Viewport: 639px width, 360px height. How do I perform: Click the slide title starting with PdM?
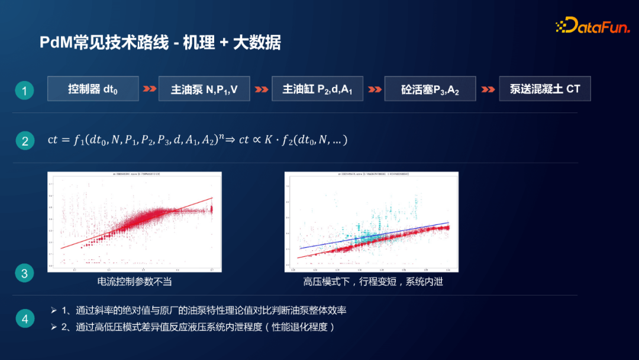[x=160, y=43]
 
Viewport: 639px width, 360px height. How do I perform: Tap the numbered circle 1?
[x=24, y=91]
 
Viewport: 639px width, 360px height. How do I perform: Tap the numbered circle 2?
[x=24, y=141]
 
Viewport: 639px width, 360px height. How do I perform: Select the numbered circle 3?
[x=24, y=274]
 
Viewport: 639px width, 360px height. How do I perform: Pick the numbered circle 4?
[x=24, y=319]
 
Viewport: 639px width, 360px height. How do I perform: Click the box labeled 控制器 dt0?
[x=93, y=89]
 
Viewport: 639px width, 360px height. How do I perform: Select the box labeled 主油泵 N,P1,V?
[x=204, y=89]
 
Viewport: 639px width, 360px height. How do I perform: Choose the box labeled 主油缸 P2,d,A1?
[x=317, y=89]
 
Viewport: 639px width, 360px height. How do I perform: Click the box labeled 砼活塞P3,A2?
[x=430, y=89]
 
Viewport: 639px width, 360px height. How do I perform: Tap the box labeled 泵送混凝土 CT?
[x=545, y=89]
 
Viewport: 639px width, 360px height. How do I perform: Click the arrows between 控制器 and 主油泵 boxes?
[x=149, y=89]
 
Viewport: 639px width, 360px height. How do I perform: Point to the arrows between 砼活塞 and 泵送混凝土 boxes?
[x=488, y=89]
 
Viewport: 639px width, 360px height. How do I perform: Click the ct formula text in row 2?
[x=197, y=140]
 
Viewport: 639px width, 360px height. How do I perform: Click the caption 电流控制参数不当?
[x=134, y=281]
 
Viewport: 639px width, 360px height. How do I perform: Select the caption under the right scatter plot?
[x=373, y=281]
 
